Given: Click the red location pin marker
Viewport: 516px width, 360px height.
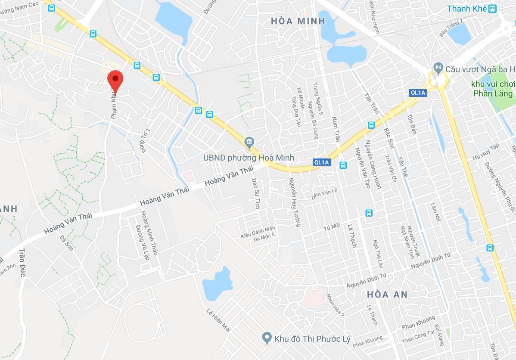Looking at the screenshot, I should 115,80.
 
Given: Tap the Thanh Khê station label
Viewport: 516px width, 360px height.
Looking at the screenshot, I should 467,9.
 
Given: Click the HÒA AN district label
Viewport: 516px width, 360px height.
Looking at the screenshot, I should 387,295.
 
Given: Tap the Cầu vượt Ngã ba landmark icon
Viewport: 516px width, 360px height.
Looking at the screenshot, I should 438,68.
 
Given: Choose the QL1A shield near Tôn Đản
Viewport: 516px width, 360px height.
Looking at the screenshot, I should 417,93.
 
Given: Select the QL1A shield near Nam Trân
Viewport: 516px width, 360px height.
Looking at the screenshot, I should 321,162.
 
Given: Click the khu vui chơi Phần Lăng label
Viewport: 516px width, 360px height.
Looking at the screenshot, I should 493,89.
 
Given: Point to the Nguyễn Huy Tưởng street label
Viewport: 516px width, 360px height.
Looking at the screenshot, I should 294,202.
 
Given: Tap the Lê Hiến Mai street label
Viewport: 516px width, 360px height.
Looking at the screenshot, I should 219,320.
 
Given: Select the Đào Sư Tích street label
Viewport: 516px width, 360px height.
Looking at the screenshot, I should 255,194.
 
